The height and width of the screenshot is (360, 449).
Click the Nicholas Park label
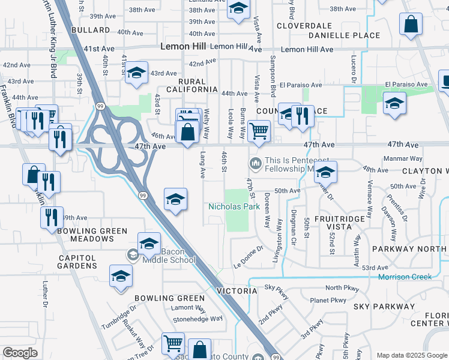click(234, 207)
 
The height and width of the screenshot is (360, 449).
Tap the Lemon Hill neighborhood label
click(185, 47)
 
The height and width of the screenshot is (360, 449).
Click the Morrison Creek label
click(405, 277)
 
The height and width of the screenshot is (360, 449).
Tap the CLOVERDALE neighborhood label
click(304, 26)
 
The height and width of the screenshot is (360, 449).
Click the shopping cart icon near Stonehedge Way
click(173, 343)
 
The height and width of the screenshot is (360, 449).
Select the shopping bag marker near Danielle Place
click(411, 25)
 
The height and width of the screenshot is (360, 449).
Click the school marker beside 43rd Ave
click(136, 73)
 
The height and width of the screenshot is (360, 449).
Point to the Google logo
click(20, 353)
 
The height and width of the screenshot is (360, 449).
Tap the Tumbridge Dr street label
click(119, 316)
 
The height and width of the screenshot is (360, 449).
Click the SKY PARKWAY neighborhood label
click(384, 307)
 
